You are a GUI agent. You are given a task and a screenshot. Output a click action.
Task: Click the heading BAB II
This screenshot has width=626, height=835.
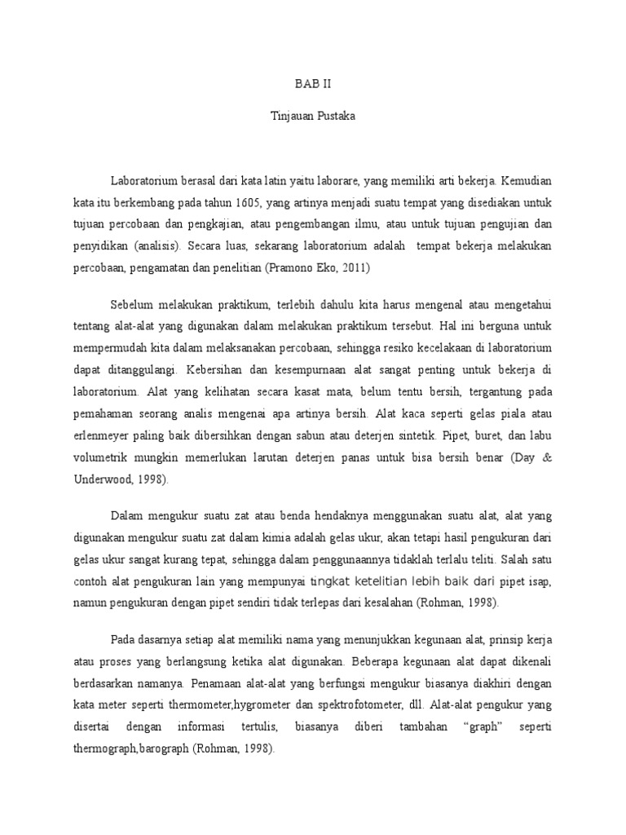tap(312, 83)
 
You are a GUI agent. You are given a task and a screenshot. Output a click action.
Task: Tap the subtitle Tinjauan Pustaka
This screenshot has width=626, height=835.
tap(312, 116)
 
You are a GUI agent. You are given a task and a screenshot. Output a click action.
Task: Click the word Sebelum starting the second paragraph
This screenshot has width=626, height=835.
tap(136, 305)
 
